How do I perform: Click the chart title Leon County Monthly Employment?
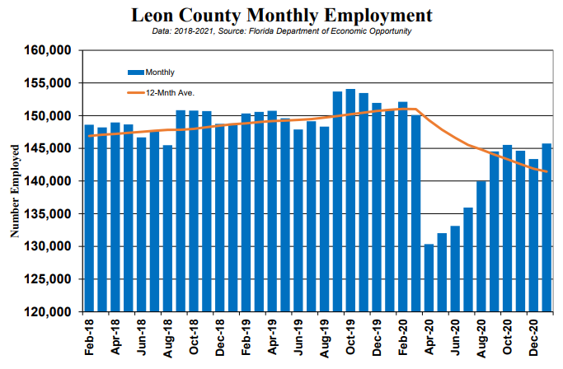282,16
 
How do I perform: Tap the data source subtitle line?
282,31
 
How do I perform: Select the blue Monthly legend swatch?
136,72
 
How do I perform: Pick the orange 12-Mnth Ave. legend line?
136,93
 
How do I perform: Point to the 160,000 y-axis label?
47,50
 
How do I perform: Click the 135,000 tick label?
47,214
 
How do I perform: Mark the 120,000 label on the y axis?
47,312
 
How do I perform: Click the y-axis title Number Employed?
15,191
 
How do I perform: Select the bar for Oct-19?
350,200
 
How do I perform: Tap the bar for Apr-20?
429,278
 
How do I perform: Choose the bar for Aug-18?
167,228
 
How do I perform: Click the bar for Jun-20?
455,269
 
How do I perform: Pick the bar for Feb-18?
89,218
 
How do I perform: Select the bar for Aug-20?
481,246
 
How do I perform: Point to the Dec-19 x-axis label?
377,338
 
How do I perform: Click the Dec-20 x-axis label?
533,338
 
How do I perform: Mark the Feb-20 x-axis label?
403,338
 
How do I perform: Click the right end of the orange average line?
547,171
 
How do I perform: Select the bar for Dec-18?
220,217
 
